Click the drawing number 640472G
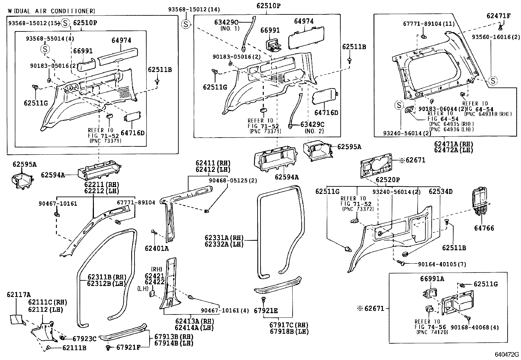pyautogui.click(x=507, y=354)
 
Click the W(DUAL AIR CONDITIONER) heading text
pyautogui.click(x=51, y=11)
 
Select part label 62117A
pyautogui.click(x=18, y=294)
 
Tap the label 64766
pyautogui.click(x=484, y=228)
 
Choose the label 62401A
pyautogui.click(x=156, y=249)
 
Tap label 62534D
pyautogui.click(x=440, y=191)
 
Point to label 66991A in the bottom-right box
pyautogui.click(x=432, y=279)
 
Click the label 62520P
pyautogui.click(x=388, y=180)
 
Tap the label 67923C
pyautogui.click(x=84, y=339)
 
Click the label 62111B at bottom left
pyautogui.click(x=74, y=348)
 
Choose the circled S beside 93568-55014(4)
pyautogui.click(x=45, y=49)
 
